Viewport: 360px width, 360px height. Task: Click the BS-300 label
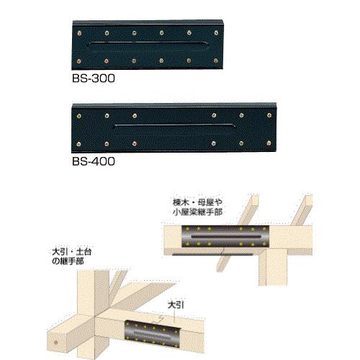click(x=94, y=78)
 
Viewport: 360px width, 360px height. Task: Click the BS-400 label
click(x=94, y=161)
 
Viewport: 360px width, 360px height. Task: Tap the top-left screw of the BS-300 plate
click(x=79, y=33)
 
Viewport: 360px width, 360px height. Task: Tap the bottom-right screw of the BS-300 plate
click(x=216, y=60)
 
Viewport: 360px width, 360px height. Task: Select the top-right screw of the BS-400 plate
click(x=269, y=116)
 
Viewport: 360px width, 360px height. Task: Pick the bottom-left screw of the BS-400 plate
click(x=78, y=144)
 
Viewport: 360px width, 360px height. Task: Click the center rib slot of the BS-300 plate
click(x=148, y=45)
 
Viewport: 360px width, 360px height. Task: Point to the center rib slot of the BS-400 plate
click(x=175, y=129)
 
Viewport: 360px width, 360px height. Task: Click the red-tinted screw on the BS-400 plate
click(x=135, y=144)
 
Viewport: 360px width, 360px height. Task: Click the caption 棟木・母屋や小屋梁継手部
click(x=197, y=207)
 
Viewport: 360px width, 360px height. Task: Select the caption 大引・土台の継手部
click(x=72, y=257)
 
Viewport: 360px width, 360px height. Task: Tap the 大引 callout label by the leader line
click(x=176, y=305)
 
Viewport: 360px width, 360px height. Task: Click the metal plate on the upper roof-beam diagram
click(x=225, y=237)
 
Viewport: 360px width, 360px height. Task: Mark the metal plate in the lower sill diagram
click(x=153, y=333)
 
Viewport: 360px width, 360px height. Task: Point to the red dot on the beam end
click(x=56, y=343)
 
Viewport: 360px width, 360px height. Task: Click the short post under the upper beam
click(x=273, y=267)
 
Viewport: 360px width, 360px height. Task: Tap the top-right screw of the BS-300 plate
click(x=216, y=32)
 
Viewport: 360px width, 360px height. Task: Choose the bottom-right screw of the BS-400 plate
click(x=269, y=143)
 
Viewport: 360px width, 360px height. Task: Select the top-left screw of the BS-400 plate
click(x=78, y=116)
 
